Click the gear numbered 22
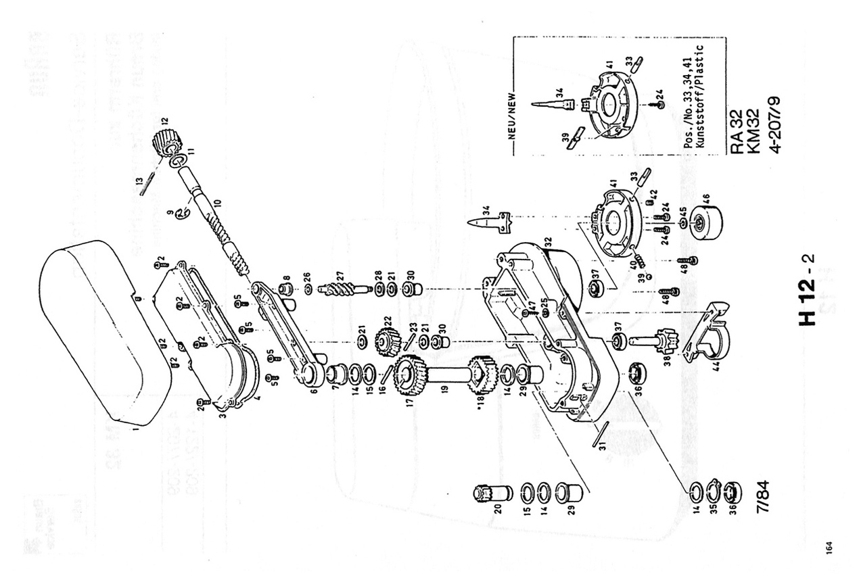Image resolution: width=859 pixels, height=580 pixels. tap(387, 341)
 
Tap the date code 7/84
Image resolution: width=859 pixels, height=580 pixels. tap(762, 500)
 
